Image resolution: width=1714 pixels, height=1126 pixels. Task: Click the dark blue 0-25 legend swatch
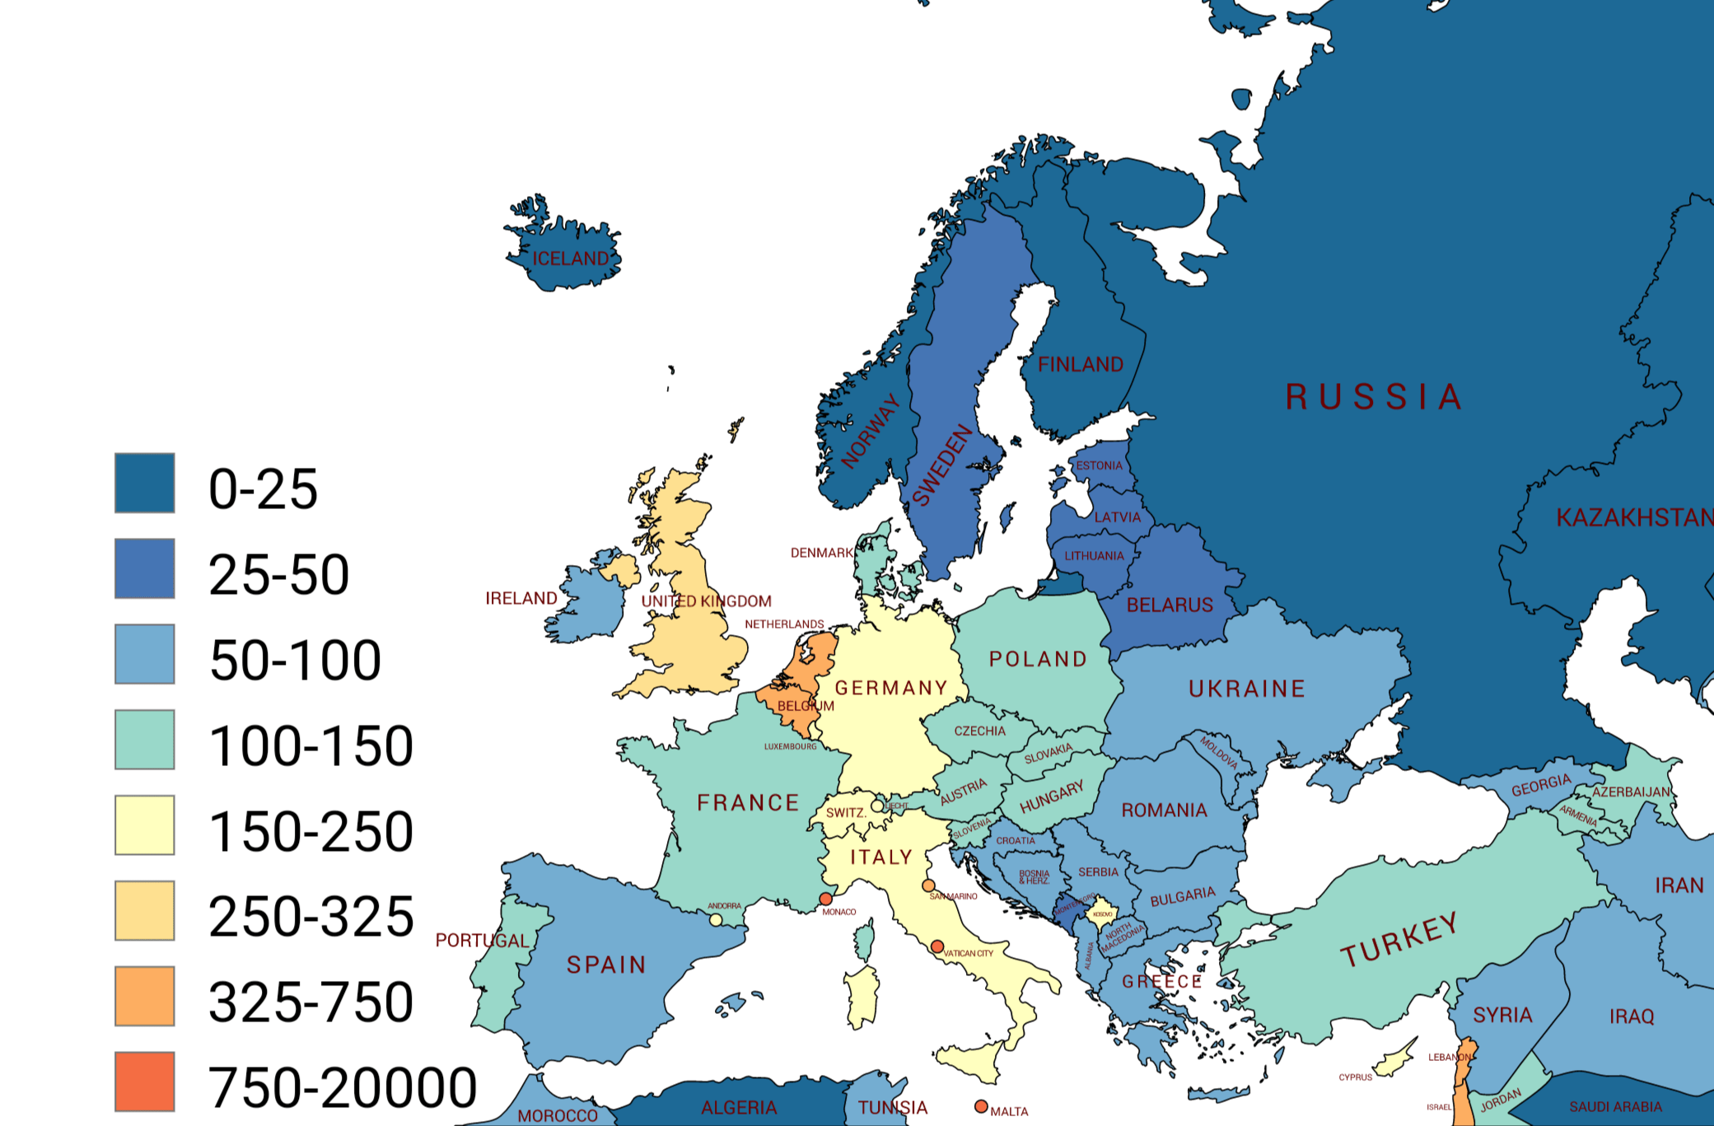pos(145,483)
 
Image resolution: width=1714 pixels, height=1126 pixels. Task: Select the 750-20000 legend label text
pos(343,1087)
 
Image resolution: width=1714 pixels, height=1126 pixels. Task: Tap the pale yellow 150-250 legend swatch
pos(145,825)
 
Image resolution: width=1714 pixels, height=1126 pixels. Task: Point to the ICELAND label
pos(570,259)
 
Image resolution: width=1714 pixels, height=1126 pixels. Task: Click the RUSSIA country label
pos(1373,397)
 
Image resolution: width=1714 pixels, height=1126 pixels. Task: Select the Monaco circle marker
pos(825,899)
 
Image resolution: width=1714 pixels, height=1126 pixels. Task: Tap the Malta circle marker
pos(981,1106)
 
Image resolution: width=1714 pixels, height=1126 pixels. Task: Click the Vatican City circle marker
pos(936,946)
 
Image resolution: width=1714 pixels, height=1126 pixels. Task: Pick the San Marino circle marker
pos(928,885)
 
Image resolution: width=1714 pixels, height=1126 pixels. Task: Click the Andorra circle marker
pos(716,919)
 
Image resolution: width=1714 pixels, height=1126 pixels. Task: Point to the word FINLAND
pos(1080,364)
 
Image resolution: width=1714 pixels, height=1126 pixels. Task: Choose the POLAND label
pos(1038,659)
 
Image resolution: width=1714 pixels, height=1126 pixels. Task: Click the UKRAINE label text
pos(1246,689)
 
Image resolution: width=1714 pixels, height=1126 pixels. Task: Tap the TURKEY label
pos(1399,940)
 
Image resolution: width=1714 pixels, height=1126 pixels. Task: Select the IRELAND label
pos(521,598)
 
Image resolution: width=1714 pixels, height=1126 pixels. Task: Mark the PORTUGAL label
pos(482,941)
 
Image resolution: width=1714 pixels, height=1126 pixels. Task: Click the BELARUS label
pos(1170,605)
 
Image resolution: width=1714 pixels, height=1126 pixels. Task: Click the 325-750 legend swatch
pos(145,996)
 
